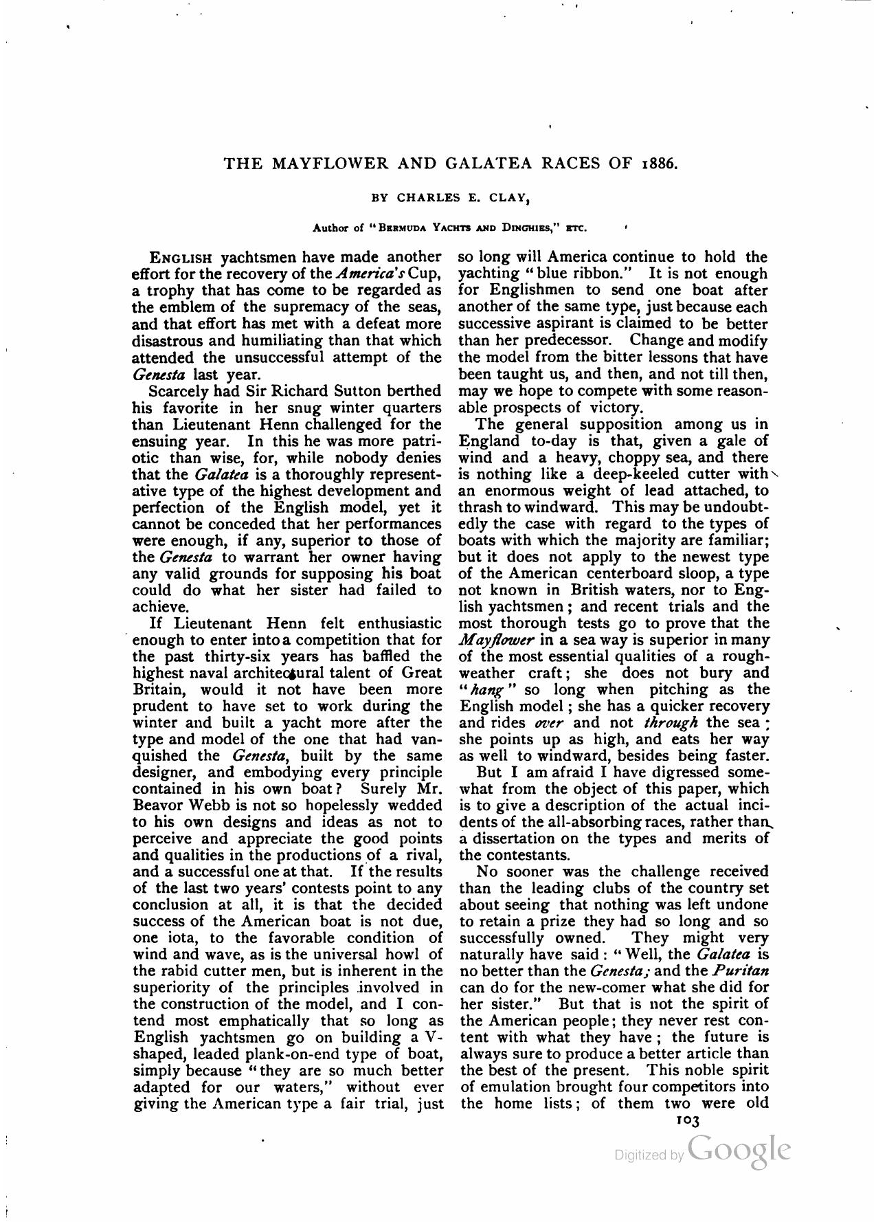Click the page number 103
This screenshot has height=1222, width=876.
pos(687,1120)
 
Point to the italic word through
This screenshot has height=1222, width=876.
pos(671,723)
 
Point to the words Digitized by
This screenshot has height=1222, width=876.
pos(649,1156)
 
